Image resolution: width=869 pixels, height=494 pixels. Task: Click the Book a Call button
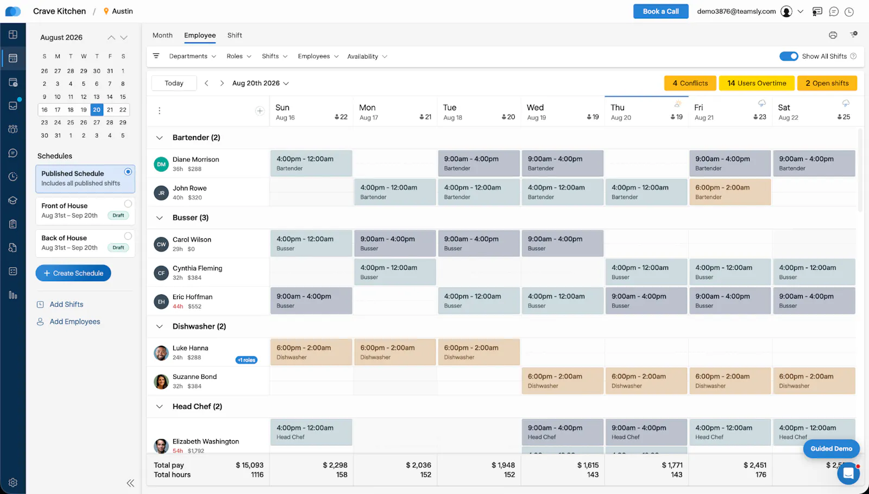(x=660, y=11)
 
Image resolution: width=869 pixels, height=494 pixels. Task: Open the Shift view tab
(x=234, y=35)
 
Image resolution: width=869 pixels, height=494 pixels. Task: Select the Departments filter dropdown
(x=192, y=56)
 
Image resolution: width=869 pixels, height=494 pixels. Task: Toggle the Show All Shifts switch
(x=789, y=56)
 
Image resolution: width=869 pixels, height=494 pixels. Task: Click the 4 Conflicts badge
(x=690, y=83)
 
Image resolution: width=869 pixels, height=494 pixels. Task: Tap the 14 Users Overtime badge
(x=757, y=83)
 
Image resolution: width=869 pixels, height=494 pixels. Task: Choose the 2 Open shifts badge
(x=827, y=83)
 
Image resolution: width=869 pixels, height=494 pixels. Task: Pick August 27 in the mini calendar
(x=97, y=123)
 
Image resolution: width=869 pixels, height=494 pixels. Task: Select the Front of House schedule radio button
(x=128, y=204)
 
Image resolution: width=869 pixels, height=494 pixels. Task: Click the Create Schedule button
(x=73, y=273)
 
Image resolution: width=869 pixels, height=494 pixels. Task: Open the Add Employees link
(x=75, y=321)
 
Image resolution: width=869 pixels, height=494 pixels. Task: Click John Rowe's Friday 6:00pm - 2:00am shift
(x=730, y=192)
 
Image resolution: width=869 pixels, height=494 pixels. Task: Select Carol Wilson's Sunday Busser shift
(x=311, y=244)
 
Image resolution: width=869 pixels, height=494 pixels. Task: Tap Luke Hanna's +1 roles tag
(x=247, y=360)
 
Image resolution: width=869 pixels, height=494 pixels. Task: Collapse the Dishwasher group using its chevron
(x=159, y=326)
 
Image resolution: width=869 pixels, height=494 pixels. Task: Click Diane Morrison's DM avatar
(x=161, y=164)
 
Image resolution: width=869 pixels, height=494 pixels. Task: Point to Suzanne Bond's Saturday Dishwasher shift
(x=814, y=381)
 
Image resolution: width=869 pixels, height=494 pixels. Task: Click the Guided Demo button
(x=831, y=448)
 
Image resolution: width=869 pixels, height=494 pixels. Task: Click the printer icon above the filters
(x=833, y=35)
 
